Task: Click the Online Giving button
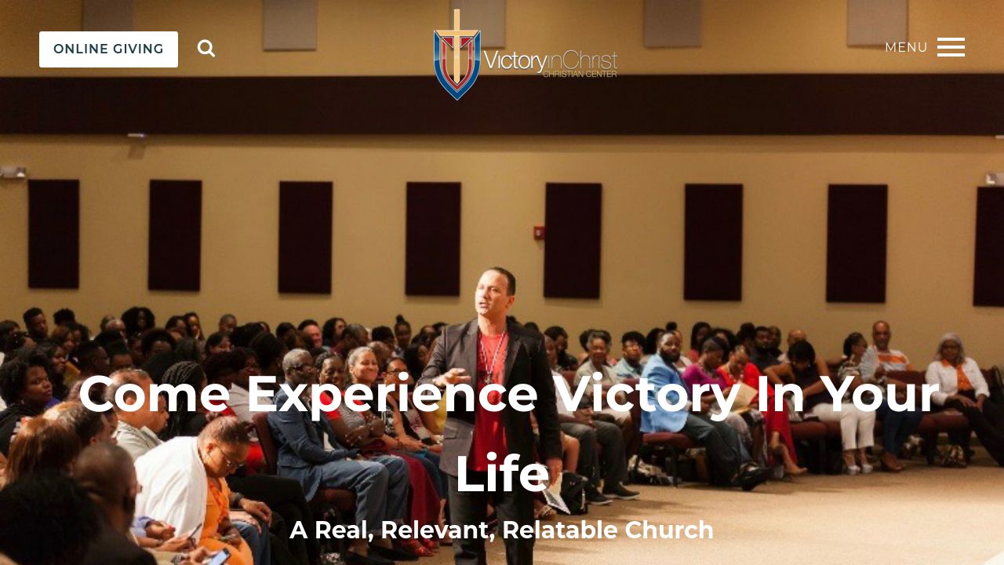(x=108, y=49)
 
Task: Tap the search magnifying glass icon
(x=206, y=49)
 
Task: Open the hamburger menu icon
(x=951, y=47)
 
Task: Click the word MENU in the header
(x=906, y=48)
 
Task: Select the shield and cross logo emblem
(x=457, y=55)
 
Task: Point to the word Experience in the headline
(x=391, y=394)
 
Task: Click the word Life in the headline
(x=502, y=472)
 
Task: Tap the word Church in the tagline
(x=669, y=530)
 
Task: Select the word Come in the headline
(x=154, y=394)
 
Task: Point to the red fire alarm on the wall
(x=538, y=231)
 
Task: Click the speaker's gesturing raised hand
(x=452, y=377)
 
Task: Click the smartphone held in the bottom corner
(x=217, y=557)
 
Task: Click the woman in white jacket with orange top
(x=959, y=381)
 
